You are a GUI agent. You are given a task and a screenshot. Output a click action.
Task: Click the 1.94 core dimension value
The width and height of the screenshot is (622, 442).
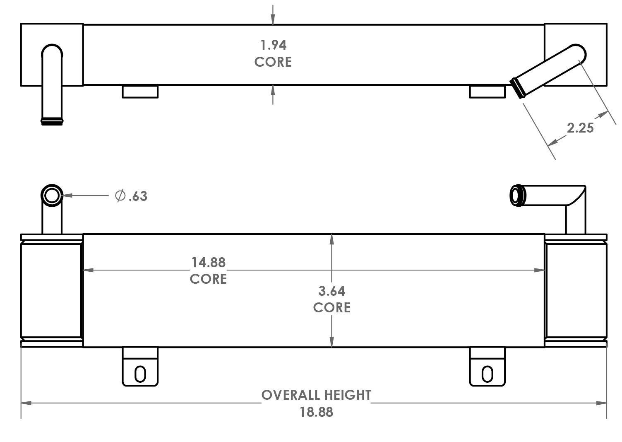[273, 45]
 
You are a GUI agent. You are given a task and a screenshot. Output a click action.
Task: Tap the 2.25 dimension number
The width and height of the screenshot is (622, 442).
[580, 128]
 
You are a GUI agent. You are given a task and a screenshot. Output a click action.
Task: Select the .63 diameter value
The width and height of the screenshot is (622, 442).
[138, 196]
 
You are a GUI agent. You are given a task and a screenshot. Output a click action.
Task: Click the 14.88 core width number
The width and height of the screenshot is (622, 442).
[209, 262]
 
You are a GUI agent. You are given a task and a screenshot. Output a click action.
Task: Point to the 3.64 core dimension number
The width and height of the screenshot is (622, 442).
[332, 291]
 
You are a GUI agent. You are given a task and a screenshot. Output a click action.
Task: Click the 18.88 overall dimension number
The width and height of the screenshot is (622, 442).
[316, 412]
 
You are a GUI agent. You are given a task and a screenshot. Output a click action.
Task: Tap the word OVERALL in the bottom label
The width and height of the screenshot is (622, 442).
[291, 395]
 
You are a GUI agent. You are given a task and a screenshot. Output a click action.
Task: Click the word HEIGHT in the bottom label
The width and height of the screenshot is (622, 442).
[348, 395]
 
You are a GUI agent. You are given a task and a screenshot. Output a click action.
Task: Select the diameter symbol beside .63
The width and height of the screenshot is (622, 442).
[120, 196]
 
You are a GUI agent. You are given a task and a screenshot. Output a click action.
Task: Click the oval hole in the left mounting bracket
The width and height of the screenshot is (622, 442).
[140, 374]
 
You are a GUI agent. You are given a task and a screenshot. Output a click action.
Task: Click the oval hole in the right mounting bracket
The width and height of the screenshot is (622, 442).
[488, 374]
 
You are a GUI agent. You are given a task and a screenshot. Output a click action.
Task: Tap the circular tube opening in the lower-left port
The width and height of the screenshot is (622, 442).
[52, 196]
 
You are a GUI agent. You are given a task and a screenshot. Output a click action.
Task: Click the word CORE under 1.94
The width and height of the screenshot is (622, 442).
[273, 62]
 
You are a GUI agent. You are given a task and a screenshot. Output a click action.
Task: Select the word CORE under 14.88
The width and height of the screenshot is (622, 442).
[208, 279]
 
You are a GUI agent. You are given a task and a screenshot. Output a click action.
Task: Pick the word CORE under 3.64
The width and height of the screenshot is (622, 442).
[332, 308]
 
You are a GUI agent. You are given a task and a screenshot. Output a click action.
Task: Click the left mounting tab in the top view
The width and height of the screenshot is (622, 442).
[140, 92]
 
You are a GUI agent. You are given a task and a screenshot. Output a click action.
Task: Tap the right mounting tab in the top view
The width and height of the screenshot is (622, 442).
[488, 92]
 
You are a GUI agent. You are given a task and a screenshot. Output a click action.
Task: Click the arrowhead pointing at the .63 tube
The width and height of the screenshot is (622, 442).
[67, 196]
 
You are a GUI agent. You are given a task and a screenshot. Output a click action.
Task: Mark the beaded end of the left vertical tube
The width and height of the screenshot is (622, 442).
[52, 121]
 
